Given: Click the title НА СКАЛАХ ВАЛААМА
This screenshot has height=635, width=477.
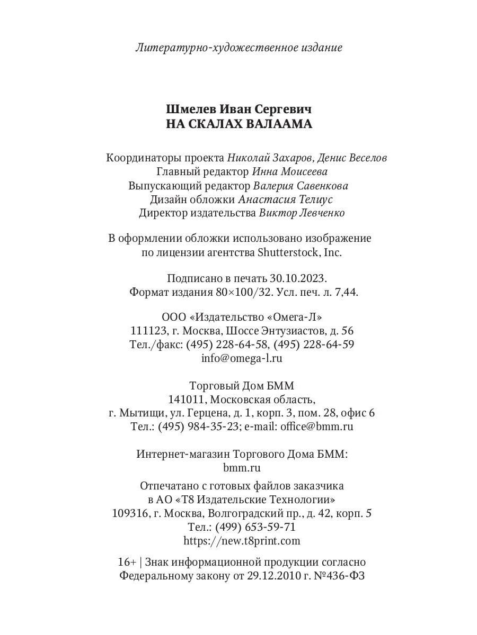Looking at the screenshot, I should [x=239, y=124].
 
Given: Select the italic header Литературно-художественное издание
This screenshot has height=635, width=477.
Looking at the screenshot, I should [x=239, y=48].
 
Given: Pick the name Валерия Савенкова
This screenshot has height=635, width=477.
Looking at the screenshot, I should [x=301, y=186].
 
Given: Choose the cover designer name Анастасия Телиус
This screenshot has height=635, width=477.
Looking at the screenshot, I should [x=286, y=199].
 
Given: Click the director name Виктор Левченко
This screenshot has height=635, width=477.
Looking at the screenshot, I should [x=302, y=213].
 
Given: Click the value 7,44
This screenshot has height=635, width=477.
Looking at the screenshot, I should [x=346, y=292].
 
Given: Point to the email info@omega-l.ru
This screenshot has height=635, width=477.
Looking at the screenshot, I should [x=242, y=358].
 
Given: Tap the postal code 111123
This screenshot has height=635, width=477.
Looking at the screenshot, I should [x=147, y=331].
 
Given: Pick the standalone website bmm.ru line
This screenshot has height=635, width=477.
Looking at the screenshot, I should [x=242, y=468].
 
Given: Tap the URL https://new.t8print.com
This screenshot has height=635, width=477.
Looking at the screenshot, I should [x=242, y=540].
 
